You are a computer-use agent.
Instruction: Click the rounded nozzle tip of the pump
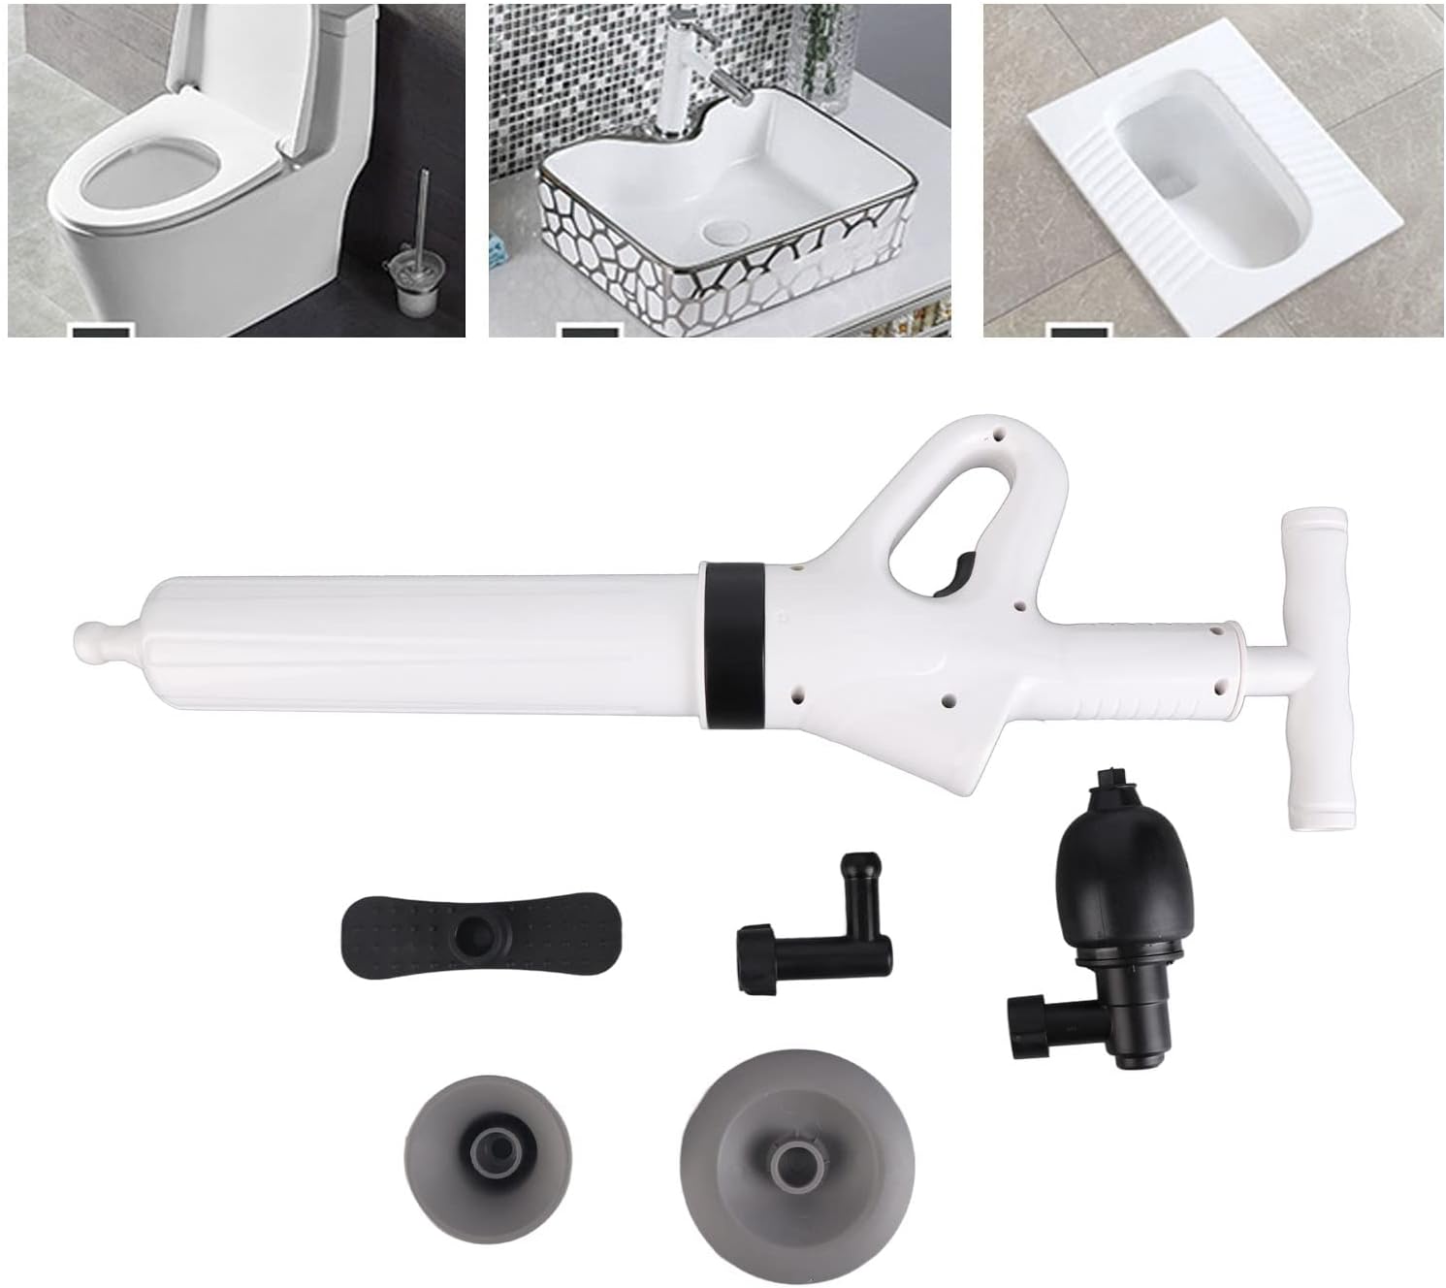point(93,638)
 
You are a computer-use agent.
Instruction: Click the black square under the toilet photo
point(100,333)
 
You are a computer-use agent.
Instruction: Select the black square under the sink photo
point(590,333)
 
